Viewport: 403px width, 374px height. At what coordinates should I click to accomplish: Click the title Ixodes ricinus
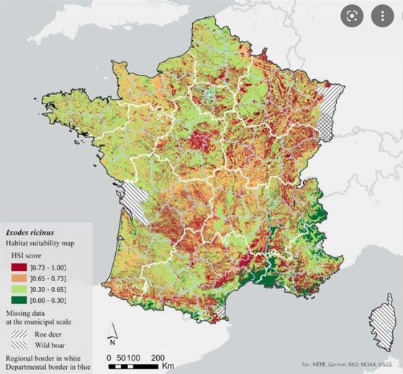coord(30,233)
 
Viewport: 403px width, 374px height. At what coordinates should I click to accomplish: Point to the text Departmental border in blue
coord(47,367)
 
